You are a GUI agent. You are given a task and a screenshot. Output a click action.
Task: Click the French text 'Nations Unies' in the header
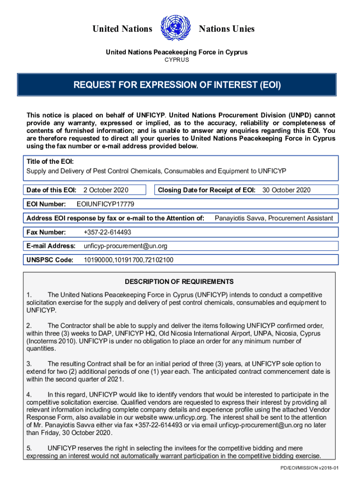227,29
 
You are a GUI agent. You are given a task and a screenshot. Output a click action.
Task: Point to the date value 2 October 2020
106,190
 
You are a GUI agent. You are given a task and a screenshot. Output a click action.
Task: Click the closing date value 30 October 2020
286,190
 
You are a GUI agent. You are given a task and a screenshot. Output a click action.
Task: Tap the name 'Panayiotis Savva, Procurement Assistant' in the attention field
274,218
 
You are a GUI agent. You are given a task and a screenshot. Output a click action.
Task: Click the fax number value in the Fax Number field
107,232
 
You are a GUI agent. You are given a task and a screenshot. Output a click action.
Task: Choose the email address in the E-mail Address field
125,246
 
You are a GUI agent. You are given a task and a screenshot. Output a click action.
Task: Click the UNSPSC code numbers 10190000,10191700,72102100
129,260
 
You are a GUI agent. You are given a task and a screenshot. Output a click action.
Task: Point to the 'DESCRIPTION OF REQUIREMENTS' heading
179,282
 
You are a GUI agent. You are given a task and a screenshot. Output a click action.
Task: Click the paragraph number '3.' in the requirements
29,363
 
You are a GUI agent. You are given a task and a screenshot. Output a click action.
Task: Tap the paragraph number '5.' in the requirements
29,448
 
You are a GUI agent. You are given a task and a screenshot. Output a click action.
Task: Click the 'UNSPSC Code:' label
50,260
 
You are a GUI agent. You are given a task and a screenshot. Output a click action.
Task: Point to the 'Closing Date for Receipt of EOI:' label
207,190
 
